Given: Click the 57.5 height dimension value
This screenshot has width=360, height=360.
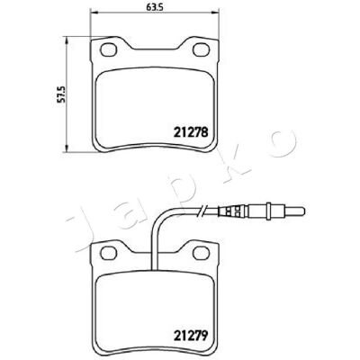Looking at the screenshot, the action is [61, 94].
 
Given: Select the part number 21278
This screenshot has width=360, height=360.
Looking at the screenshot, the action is [191, 132].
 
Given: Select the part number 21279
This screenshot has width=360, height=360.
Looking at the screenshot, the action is [191, 334].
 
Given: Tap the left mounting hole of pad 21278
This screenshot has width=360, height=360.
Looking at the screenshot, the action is [108, 49].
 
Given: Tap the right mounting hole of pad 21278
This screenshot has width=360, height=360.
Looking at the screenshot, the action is [201, 49].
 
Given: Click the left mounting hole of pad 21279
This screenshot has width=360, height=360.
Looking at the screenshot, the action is [108, 253].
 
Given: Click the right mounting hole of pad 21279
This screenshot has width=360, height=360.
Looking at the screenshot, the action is [201, 253].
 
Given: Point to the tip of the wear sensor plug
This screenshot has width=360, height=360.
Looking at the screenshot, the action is [304, 210].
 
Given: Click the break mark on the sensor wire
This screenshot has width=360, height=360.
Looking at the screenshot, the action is [201, 210].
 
